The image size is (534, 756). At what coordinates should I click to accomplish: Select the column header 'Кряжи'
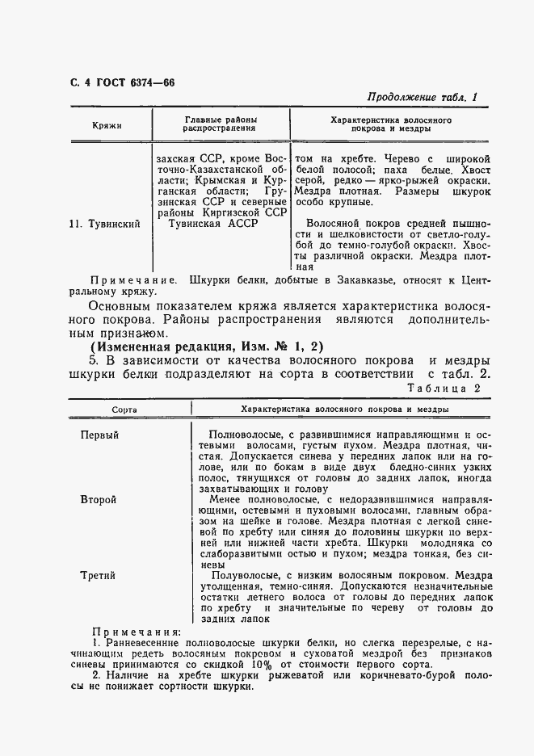coord(107,126)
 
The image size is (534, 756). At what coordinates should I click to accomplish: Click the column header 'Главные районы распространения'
coord(219,123)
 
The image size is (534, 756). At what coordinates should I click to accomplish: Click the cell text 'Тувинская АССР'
coord(212,224)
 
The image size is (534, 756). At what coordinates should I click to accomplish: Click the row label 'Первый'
coord(99,435)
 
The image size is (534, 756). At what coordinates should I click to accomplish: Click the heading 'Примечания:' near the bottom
coord(137,632)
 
